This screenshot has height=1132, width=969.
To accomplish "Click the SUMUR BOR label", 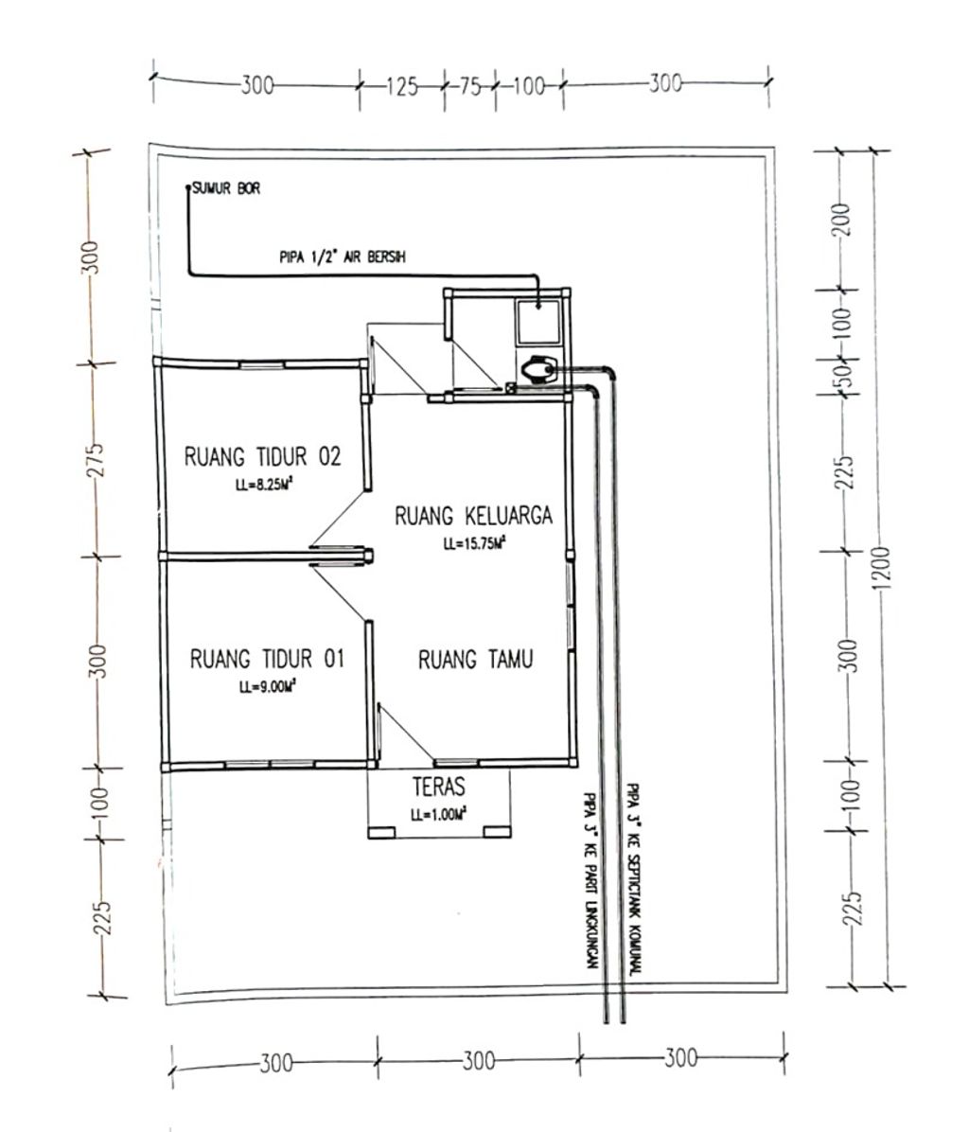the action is click(226, 188).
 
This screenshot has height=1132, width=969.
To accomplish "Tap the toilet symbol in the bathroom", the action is click(537, 371).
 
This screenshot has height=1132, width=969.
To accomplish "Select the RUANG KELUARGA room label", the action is click(473, 516).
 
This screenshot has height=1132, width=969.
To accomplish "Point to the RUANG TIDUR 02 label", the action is click(263, 456).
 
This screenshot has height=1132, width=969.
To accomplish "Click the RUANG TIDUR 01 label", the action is click(267, 659).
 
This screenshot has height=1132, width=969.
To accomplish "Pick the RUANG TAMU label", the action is click(475, 659).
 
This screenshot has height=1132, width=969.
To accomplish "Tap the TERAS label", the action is click(439, 787).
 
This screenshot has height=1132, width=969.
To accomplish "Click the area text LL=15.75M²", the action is click(474, 543).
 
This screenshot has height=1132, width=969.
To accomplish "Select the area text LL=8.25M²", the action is click(263, 486).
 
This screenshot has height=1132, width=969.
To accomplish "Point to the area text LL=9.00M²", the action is click(269, 687).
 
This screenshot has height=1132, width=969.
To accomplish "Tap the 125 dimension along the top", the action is click(402, 87).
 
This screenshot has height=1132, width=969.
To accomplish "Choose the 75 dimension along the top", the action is click(469, 86).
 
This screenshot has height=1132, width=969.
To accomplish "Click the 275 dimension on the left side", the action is click(96, 460).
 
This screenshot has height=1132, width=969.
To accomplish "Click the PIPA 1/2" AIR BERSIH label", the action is click(342, 256).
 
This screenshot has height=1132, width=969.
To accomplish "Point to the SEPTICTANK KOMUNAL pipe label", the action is click(633, 879).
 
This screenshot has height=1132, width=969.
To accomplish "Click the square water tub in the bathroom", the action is click(537, 322).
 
